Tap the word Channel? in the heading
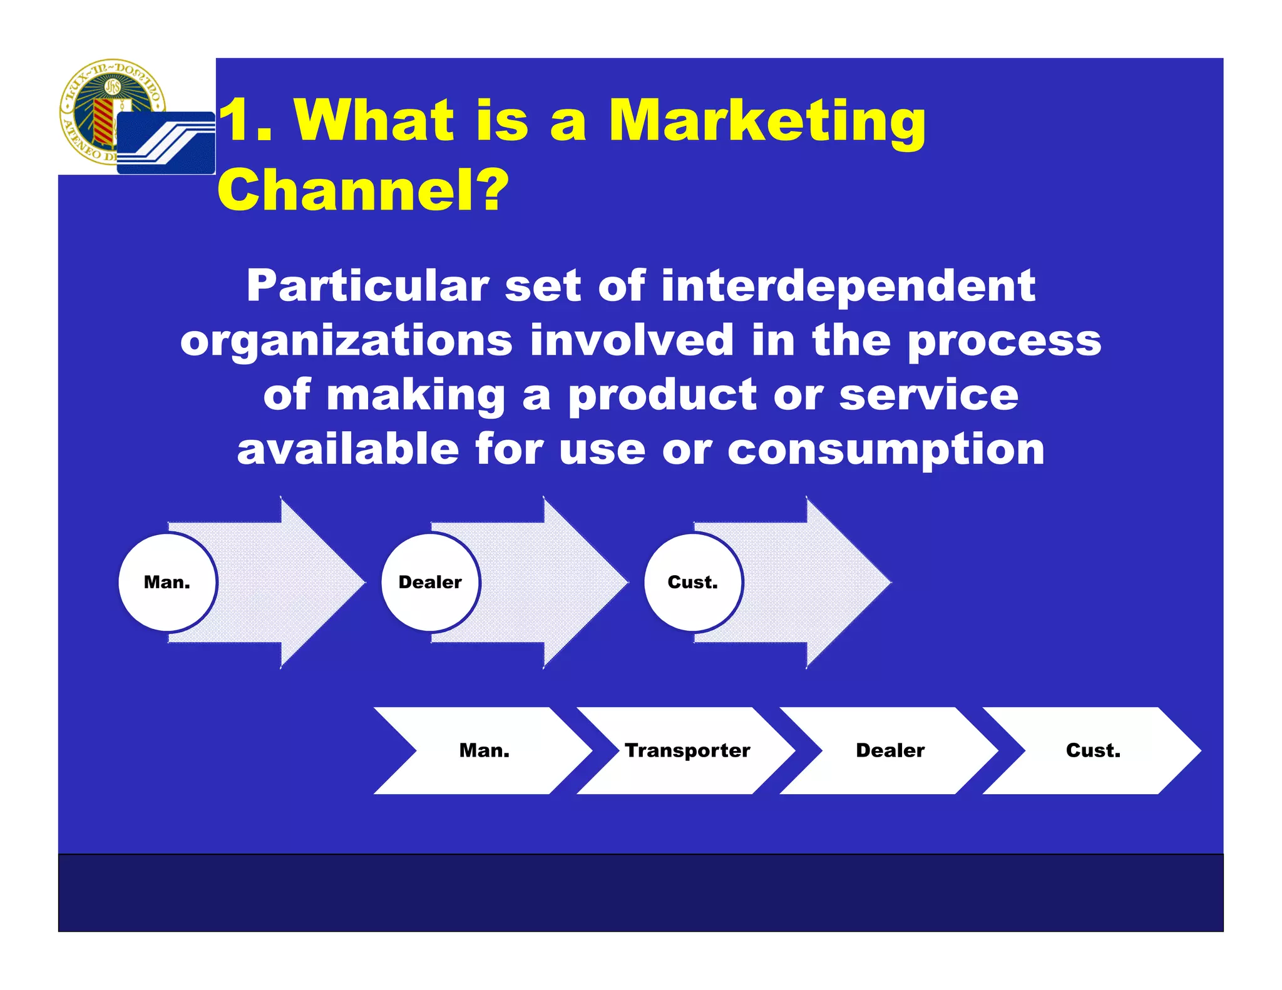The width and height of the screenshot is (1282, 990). tap(363, 190)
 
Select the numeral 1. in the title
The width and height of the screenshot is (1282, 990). tap(246, 120)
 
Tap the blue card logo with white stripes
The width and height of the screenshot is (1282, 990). tap(166, 143)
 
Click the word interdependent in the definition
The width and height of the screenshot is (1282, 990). tap(848, 286)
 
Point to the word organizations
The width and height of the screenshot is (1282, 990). tap(346, 341)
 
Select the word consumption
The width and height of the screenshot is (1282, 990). tap(886, 450)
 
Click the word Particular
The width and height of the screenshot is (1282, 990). tap(367, 286)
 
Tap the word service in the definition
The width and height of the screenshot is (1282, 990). tap(928, 395)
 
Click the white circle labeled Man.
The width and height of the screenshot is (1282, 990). tap(167, 582)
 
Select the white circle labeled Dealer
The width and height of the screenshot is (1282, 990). tap(430, 582)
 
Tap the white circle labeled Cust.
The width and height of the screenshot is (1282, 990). tap(692, 582)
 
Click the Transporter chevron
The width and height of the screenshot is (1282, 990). tap(687, 750)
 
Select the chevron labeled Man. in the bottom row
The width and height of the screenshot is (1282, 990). tap(484, 750)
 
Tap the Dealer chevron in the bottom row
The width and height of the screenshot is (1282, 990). tap(890, 750)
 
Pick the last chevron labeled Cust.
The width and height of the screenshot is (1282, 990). tap(1093, 750)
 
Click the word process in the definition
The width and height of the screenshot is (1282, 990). tap(1004, 341)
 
